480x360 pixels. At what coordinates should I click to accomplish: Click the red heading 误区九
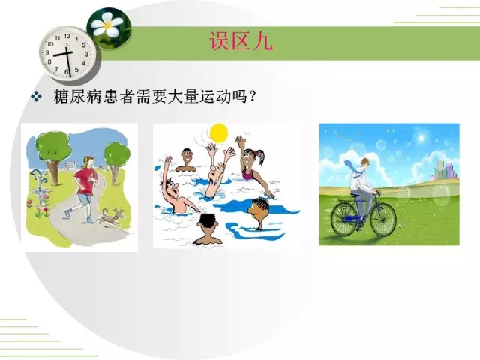pyautogui.click(x=241, y=40)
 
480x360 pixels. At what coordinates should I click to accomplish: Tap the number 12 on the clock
pyautogui.click(x=67, y=36)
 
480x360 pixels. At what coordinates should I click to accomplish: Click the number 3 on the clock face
pyautogui.click(x=87, y=54)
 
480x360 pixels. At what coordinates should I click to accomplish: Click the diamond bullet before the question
pyautogui.click(x=36, y=96)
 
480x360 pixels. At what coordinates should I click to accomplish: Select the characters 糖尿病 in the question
pyautogui.click(x=77, y=97)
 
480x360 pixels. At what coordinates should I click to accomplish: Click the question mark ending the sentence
pyautogui.click(x=253, y=97)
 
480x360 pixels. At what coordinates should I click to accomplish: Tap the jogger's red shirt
pyautogui.click(x=87, y=181)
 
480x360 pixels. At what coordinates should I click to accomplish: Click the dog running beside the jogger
pyautogui.click(x=112, y=217)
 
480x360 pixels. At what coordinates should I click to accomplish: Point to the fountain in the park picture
pyautogui.click(x=40, y=186)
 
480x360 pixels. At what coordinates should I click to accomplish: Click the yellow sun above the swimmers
pyautogui.click(x=218, y=133)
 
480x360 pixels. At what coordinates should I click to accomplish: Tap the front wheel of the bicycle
pyautogui.click(x=383, y=219)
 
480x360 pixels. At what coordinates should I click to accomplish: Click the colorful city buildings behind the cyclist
pyautogui.click(x=445, y=172)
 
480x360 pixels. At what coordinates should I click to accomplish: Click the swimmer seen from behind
pyautogui.click(x=208, y=229)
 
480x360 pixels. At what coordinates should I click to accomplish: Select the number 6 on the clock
pyautogui.click(x=67, y=72)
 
